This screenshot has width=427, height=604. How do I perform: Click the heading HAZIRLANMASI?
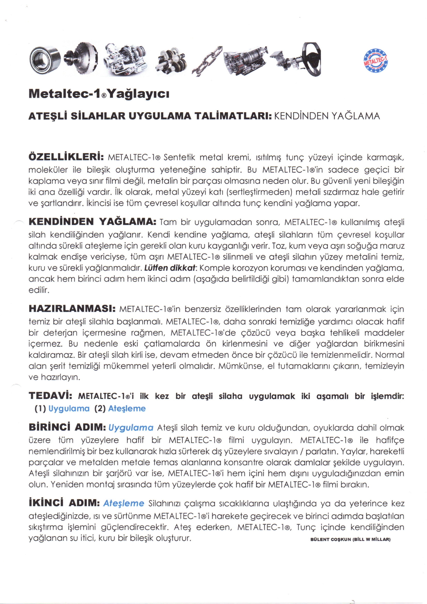coord(72,308)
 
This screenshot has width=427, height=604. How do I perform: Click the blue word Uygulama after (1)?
coord(69,408)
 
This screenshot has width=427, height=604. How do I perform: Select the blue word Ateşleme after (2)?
coord(127,408)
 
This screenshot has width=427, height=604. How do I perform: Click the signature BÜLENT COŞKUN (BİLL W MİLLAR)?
coord(351,540)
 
